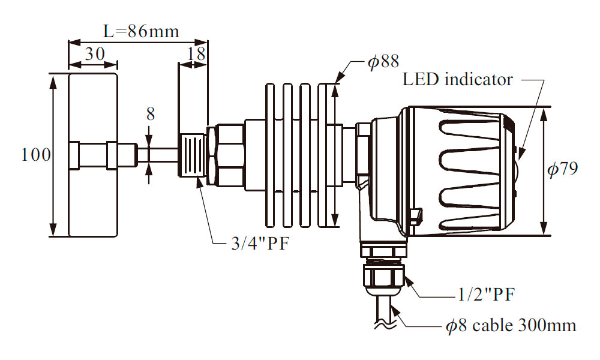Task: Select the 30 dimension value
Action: coord(94,54)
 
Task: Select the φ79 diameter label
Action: coord(562,169)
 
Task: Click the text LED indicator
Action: coord(458,79)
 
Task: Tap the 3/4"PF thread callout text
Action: coord(250,244)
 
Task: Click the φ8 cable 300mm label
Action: coord(511,326)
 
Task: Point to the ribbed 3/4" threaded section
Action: coord(192,155)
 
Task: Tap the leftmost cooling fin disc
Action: coord(270,155)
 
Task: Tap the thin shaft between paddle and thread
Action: coord(158,155)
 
